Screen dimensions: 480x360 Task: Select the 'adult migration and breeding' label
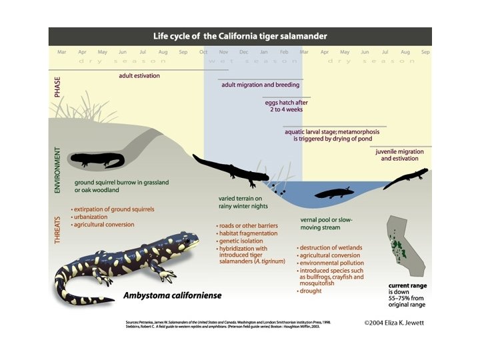click(261, 85)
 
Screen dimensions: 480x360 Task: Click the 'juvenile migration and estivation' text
click(400, 155)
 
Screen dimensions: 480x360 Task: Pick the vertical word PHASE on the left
click(57, 87)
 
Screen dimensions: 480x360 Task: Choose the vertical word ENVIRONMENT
click(57, 171)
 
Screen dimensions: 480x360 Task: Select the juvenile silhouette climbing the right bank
click(406, 179)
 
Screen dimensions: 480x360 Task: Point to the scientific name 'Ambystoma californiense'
click(173, 295)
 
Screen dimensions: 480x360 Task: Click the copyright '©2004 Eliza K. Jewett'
click(395, 323)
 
